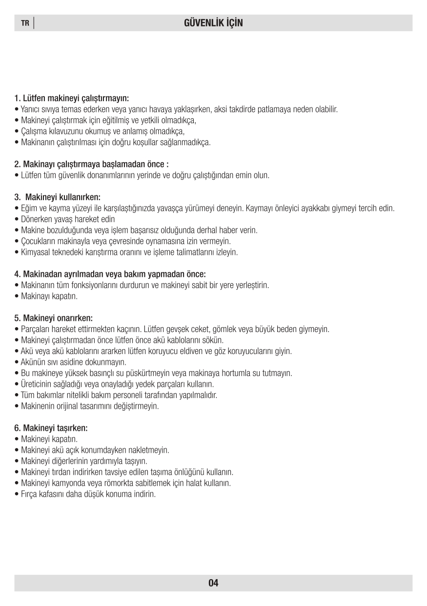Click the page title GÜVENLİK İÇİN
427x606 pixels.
(x=213, y=23)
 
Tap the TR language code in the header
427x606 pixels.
(x=25, y=23)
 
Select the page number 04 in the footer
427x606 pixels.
(x=213, y=583)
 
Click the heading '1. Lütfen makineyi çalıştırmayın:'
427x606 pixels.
(x=72, y=98)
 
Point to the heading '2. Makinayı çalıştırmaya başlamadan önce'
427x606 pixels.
(x=92, y=164)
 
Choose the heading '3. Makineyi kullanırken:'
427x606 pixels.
(x=58, y=197)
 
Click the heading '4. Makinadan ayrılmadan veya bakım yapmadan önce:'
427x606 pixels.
(x=110, y=274)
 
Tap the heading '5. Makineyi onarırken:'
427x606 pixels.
(x=54, y=318)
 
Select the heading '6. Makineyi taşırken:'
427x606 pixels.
(x=51, y=428)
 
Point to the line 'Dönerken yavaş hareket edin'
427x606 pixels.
(x=68, y=219)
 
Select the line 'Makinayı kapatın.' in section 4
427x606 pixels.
(x=49, y=296)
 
